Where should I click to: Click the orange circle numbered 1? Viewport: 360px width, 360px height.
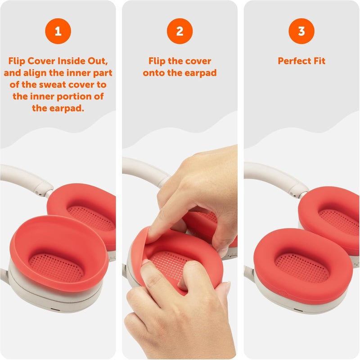pos(58,31)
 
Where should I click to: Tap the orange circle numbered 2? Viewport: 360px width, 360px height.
pos(180,31)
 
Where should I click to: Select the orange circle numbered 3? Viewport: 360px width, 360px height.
pos(301,31)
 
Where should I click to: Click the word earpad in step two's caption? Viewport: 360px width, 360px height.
pos(200,73)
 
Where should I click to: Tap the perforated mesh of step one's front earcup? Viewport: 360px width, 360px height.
pos(56,267)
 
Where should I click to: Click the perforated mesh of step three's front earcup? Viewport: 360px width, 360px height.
pos(302,267)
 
